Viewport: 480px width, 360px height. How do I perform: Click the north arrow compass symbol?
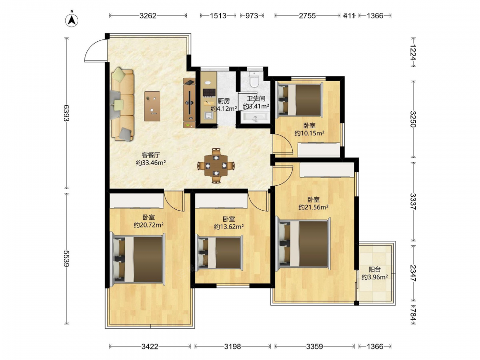(x=72, y=20)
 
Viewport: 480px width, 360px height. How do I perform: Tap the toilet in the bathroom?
(x=254, y=79)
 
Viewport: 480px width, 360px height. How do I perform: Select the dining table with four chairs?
(x=216, y=166)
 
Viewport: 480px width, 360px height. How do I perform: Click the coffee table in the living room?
(x=152, y=106)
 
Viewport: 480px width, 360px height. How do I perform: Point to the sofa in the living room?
(x=122, y=105)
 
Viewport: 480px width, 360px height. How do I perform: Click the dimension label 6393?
(x=66, y=113)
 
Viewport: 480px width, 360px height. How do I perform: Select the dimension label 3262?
(x=148, y=16)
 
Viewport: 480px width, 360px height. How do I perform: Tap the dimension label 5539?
(x=66, y=258)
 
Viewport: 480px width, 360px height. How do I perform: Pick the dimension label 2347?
(x=413, y=273)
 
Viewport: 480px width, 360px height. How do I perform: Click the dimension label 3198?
(x=232, y=346)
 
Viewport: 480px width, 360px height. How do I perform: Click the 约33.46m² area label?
(x=151, y=163)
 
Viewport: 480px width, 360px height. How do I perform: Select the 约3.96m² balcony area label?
(x=375, y=277)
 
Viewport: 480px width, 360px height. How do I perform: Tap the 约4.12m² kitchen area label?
(x=224, y=108)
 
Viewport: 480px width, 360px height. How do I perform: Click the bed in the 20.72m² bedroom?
(x=137, y=258)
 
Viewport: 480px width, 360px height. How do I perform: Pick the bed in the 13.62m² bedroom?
(x=219, y=252)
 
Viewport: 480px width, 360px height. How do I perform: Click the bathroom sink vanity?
(x=255, y=117)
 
